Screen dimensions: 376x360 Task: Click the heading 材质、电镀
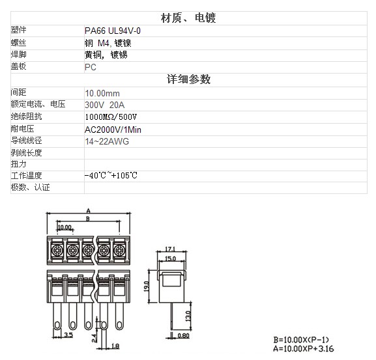click(188, 18)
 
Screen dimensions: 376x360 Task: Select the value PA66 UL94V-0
click(113, 31)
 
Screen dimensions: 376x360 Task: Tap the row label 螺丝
click(18, 43)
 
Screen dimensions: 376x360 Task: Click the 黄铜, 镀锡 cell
click(106, 55)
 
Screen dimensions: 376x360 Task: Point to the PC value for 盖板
click(91, 67)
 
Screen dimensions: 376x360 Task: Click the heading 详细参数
click(189, 79)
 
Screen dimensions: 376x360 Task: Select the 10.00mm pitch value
click(102, 93)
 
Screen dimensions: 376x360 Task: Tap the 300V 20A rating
click(105, 105)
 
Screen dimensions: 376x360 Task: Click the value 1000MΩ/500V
click(111, 117)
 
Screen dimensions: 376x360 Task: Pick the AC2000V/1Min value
click(113, 130)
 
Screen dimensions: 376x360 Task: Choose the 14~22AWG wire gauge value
click(107, 141)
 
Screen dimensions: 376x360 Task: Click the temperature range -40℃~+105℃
click(111, 176)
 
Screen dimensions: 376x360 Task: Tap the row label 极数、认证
click(30, 187)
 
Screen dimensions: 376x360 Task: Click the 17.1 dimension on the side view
click(170, 249)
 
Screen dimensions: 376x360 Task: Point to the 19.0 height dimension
click(146, 286)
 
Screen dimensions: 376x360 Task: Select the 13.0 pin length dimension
click(188, 316)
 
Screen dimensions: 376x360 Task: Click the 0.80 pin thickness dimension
click(184, 336)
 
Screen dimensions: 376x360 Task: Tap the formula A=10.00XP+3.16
click(304, 348)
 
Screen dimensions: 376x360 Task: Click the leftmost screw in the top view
click(57, 250)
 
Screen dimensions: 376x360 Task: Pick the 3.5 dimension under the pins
click(68, 335)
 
